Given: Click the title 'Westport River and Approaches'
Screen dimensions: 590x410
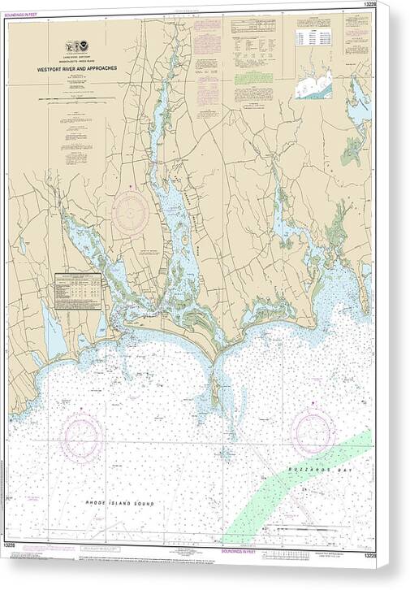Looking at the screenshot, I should coord(81,69).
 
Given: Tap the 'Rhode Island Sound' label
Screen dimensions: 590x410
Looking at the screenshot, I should coord(119,504).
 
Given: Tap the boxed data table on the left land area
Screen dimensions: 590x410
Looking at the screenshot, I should coord(81,291).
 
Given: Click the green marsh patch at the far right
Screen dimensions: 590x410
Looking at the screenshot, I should coord(352,150).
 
